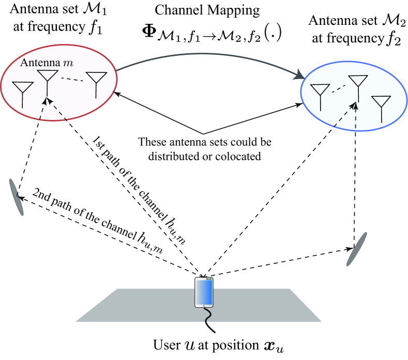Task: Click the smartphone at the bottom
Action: coord(204,293)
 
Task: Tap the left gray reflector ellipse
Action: coord(16,197)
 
